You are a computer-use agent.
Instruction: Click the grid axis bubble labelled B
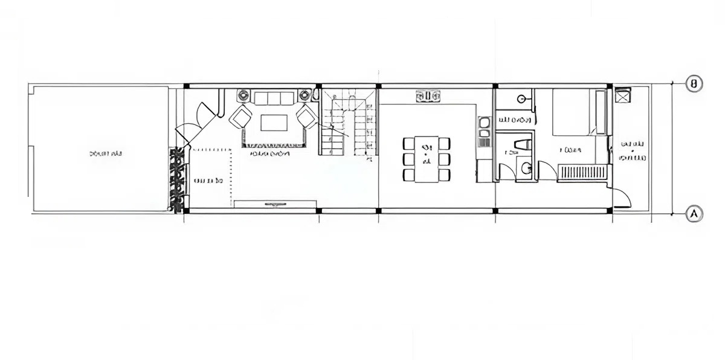695,83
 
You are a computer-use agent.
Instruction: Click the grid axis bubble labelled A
695,213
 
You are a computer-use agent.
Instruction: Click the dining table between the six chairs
427,159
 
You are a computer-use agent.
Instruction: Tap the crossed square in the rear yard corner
622,95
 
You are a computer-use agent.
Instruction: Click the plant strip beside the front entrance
178,179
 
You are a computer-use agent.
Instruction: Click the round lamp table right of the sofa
305,94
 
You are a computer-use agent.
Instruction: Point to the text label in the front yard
106,154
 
